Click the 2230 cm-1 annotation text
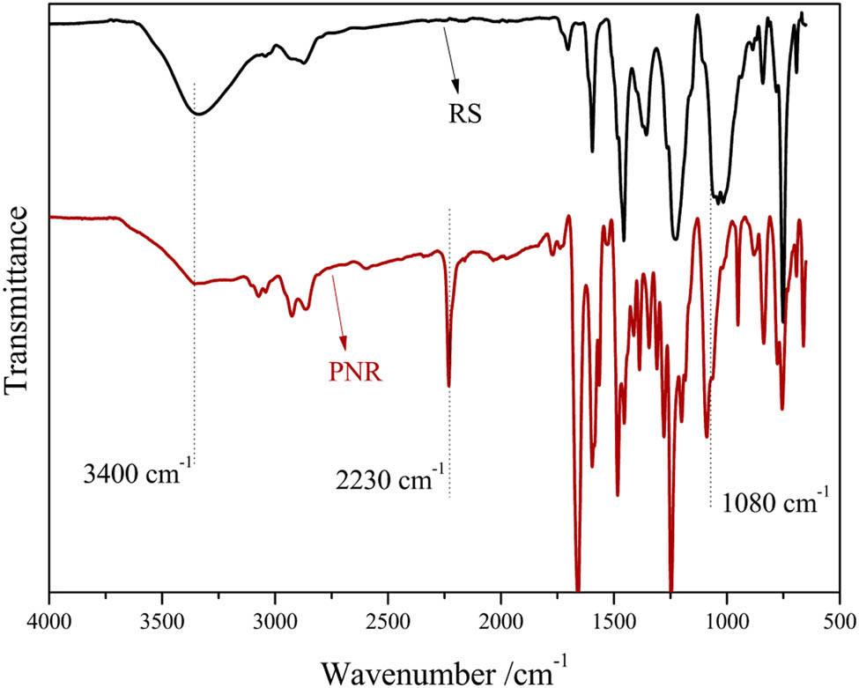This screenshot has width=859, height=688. point(390,480)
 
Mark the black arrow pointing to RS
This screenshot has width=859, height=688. point(451,57)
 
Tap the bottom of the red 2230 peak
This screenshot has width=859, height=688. point(449,385)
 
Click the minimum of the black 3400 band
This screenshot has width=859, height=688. point(199,114)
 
